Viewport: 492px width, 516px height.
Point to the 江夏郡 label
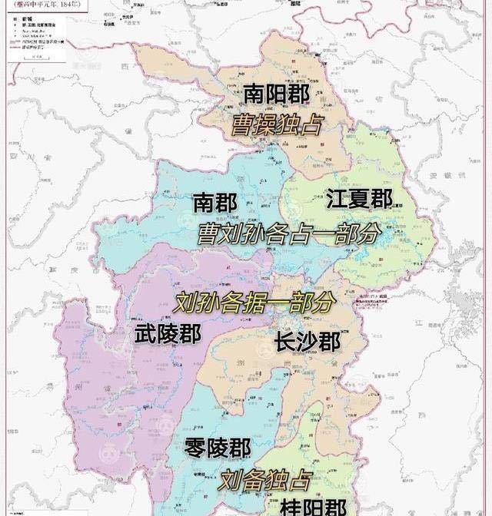click(359, 199)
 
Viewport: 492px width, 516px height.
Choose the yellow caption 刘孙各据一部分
click(254, 302)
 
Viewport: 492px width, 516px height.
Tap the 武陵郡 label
click(168, 334)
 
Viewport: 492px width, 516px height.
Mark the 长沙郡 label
click(307, 340)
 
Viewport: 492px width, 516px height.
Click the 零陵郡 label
click(218, 448)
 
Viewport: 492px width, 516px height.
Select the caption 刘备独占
click(264, 481)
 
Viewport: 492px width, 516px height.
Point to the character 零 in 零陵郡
click(196, 448)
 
